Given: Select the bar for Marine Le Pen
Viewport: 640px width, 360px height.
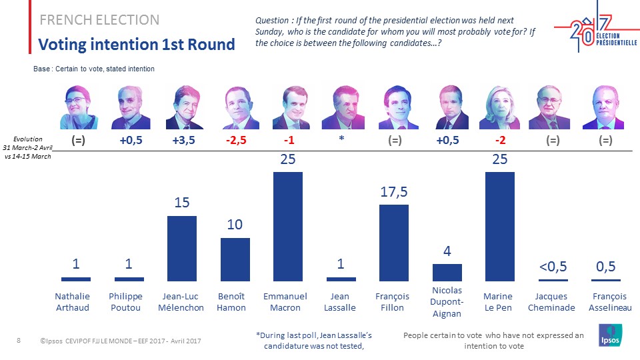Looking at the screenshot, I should [499, 227].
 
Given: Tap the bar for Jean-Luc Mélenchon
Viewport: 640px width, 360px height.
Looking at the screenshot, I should [181, 248].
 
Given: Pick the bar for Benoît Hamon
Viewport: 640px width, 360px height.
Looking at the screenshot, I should [235, 259].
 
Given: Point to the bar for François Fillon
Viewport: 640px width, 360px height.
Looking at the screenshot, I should [394, 243].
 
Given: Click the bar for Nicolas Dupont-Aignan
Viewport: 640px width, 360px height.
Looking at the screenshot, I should [447, 272].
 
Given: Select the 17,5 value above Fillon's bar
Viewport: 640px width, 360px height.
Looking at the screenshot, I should [394, 192].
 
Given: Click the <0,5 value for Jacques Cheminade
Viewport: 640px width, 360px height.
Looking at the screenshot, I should [553, 267].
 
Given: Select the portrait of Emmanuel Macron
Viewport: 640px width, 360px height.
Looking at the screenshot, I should [288, 107].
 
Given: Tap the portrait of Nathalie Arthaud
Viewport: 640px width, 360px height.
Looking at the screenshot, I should [79, 107].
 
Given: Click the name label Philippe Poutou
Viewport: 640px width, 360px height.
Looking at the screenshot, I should [125, 302].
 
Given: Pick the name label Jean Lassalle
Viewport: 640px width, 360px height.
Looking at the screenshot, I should [341, 302].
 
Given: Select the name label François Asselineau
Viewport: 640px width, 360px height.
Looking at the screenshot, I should [606, 302].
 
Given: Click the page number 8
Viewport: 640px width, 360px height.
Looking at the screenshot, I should [19, 341].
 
